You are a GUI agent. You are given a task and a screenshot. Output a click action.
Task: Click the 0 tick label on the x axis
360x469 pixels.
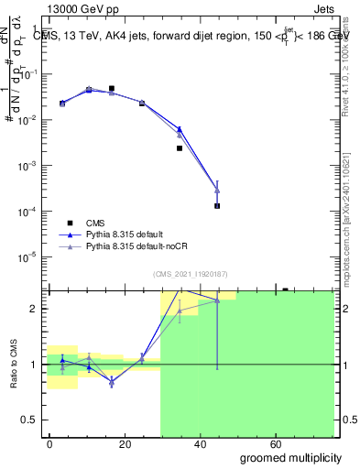point(50,443)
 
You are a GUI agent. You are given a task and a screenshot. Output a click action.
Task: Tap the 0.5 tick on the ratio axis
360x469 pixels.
point(32,420)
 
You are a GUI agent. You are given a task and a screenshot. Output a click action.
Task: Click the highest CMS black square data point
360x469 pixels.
point(111,89)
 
